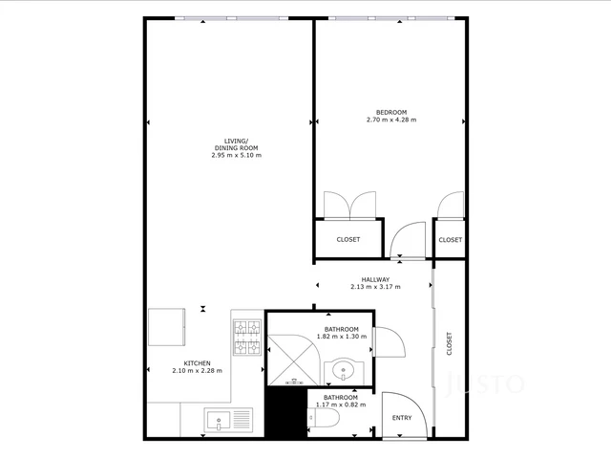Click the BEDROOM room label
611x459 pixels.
coord(391,113)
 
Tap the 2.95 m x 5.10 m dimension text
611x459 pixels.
coord(237,155)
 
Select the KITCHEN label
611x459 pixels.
coord(198,363)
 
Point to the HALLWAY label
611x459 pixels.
coord(375,280)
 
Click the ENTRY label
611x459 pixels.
coord(402,418)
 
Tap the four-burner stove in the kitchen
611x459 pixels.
coord(247,338)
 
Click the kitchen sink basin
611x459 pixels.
coord(219,421)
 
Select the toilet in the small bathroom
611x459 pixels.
coord(324,418)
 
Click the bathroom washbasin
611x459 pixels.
coord(344,370)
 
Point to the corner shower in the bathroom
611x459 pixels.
coord(294,360)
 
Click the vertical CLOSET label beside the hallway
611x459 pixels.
coord(449,343)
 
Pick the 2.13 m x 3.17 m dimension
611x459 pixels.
coord(375,287)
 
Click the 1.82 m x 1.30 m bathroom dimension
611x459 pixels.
coord(342,337)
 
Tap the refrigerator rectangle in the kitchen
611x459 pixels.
coord(166,327)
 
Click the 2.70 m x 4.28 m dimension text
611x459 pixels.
coord(391,120)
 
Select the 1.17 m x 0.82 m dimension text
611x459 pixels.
coord(341,404)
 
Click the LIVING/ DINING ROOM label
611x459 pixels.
coord(237,144)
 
